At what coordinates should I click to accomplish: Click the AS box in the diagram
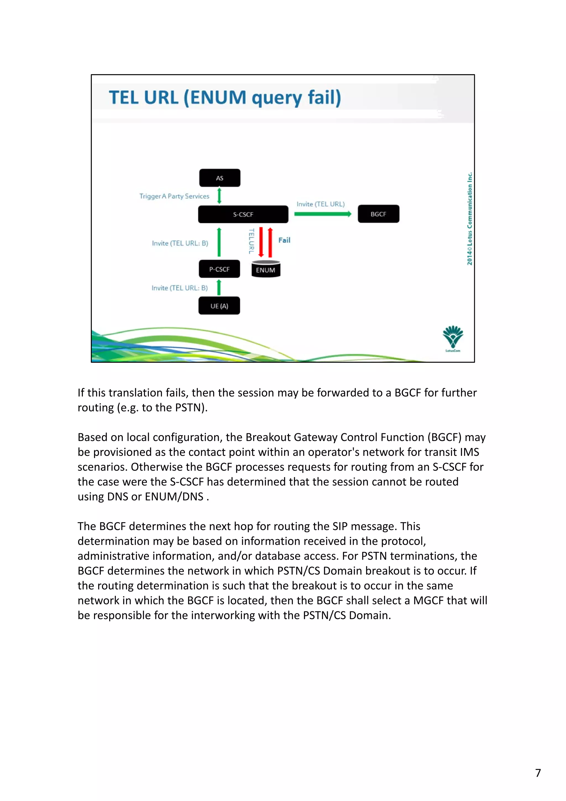pos(219,178)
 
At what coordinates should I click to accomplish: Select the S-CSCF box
pos(243,214)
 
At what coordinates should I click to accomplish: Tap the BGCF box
pos(378,214)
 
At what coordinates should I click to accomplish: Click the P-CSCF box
pos(219,269)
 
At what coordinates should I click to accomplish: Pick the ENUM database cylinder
pos(266,269)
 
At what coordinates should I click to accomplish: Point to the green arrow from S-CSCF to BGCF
pos(323,214)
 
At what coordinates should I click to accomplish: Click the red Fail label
pos(284,240)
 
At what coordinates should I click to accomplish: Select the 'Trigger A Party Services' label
pos(174,196)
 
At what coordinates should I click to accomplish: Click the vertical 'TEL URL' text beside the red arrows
pos(251,241)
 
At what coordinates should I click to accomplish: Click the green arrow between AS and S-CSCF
pos(219,196)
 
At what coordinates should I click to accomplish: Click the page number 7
pos(538,773)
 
